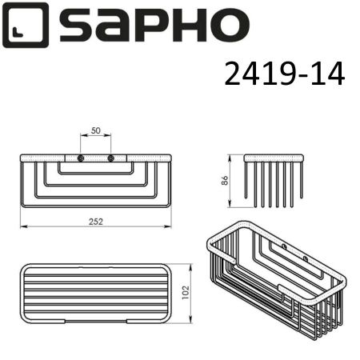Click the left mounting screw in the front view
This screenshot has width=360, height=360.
pyautogui.click(x=81, y=158)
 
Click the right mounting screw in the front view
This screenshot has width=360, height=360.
pyautogui.click(x=111, y=158)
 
